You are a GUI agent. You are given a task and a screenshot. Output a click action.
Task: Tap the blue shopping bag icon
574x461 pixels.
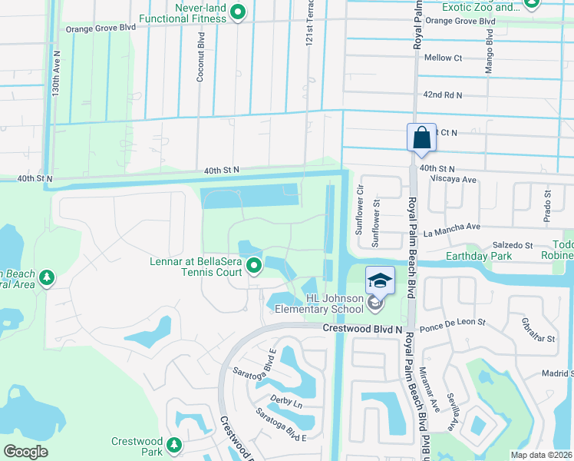pos(421,138)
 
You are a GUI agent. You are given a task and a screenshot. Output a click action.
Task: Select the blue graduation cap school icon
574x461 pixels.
pos(380,281)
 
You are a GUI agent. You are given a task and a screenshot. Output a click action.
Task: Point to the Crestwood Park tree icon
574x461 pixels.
pos(175,444)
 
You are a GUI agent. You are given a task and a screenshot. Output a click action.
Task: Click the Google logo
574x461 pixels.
pos(25,452)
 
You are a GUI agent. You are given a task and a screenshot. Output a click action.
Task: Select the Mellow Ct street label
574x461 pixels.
pos(443,58)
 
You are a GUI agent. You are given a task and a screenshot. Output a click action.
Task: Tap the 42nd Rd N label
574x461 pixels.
pos(443,95)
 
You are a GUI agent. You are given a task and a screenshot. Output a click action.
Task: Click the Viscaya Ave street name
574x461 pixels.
pos(448,178)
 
